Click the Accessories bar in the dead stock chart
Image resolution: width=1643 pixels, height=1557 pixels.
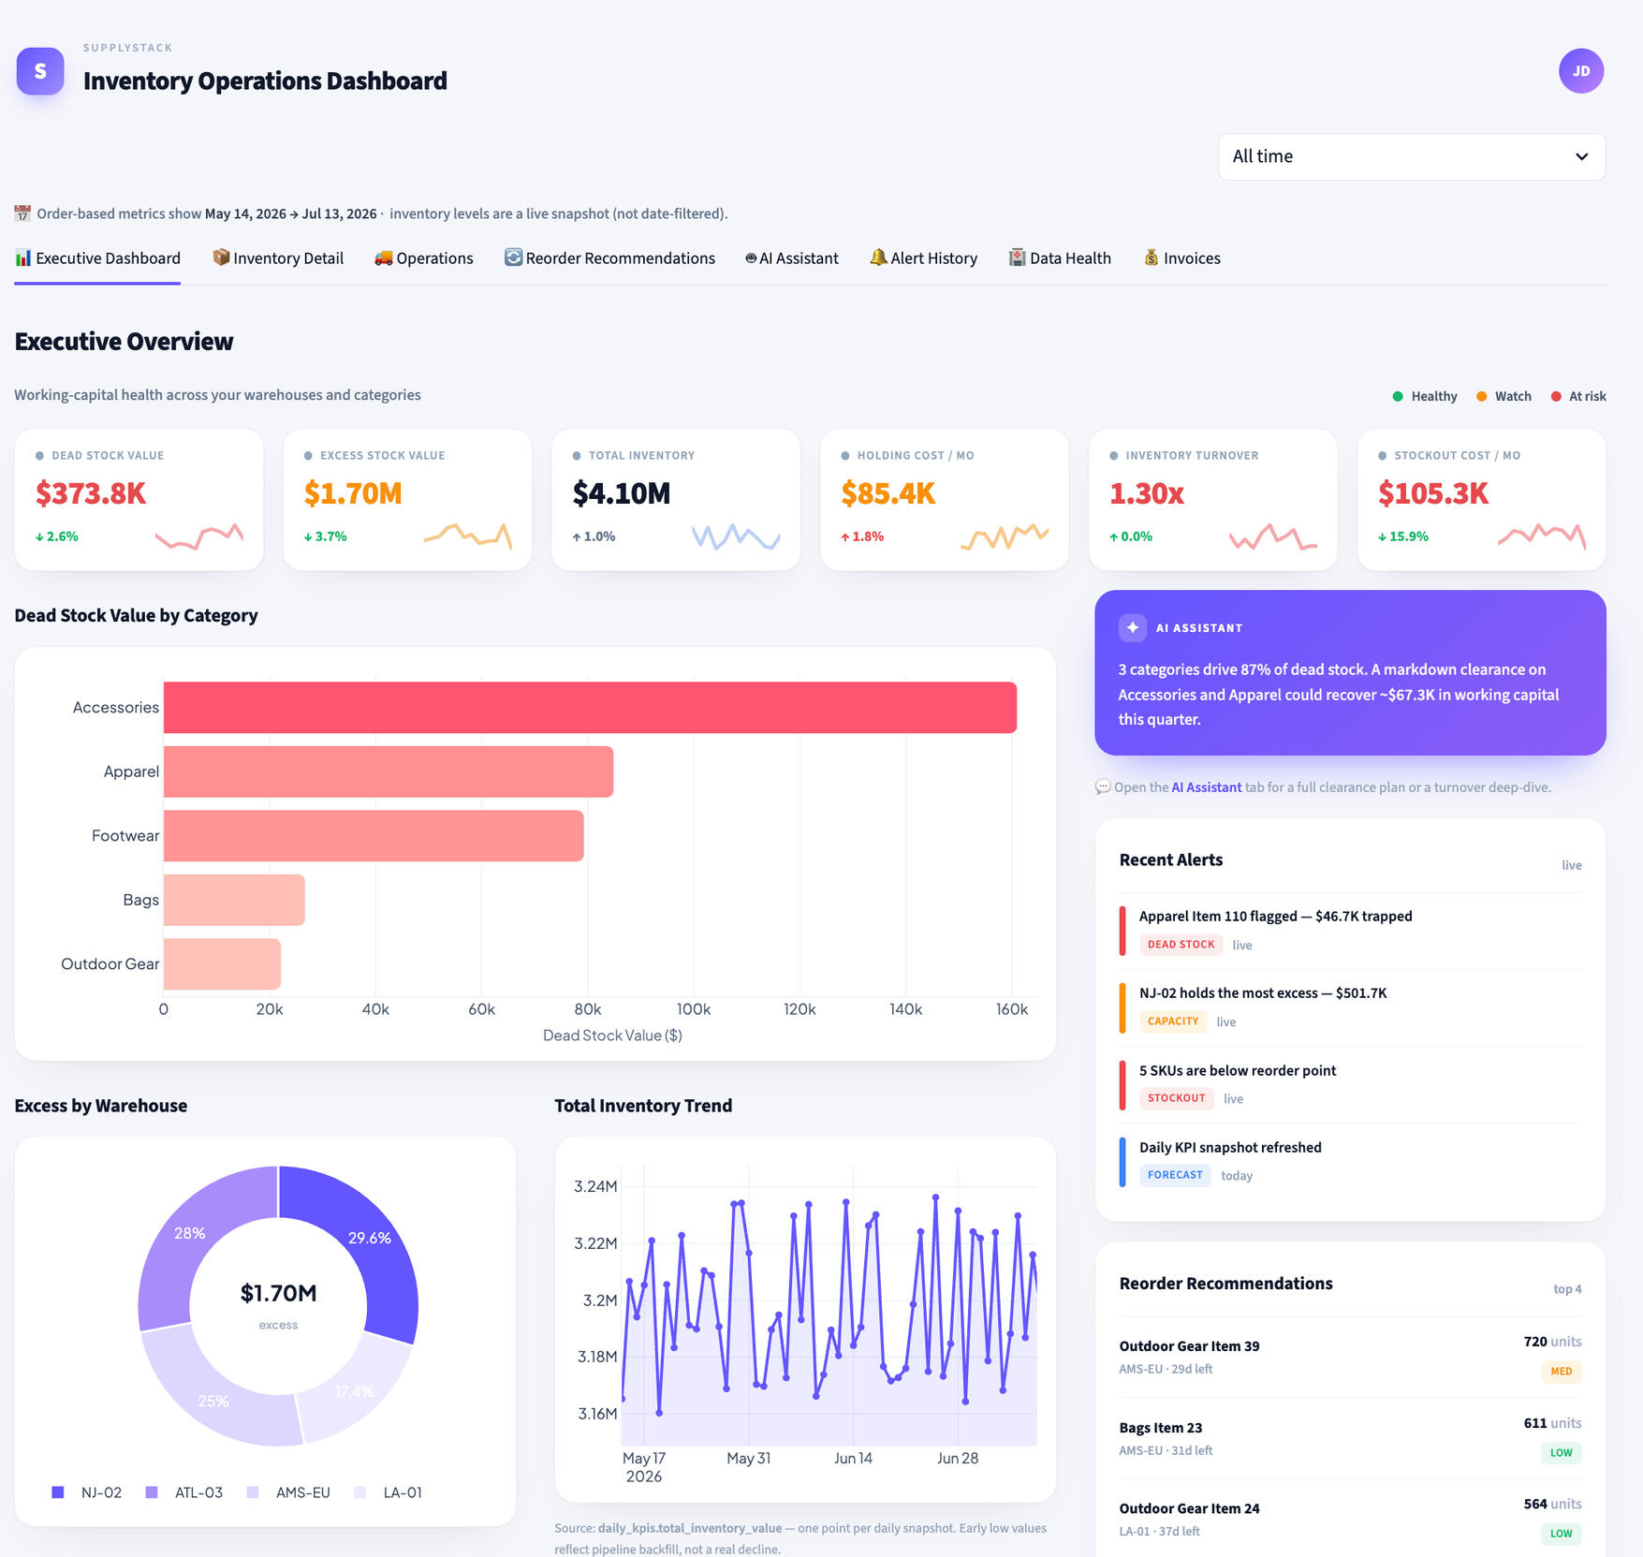pyautogui.click(x=590, y=707)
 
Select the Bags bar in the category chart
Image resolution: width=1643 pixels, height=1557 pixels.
pyautogui.click(x=234, y=900)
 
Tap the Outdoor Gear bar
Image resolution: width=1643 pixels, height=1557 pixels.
pyautogui.click(x=222, y=963)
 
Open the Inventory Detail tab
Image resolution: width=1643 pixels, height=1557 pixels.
pyautogui.click(x=278, y=257)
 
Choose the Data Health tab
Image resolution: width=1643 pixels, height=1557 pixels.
pyautogui.click(x=1060, y=257)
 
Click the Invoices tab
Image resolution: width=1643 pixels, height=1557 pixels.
pyautogui.click(x=1181, y=257)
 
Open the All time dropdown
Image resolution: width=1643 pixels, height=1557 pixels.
pyautogui.click(x=1412, y=156)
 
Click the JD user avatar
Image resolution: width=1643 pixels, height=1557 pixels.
pyautogui.click(x=1581, y=71)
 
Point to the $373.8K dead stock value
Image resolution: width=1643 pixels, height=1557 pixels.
pyautogui.click(x=91, y=493)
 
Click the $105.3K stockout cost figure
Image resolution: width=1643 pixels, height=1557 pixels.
pyautogui.click(x=1433, y=493)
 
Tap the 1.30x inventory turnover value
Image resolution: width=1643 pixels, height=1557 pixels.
pyautogui.click(x=1147, y=493)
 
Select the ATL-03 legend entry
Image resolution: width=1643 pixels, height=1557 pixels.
pyautogui.click(x=184, y=1492)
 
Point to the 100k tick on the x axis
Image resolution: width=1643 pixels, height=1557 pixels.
pyautogui.click(x=694, y=1009)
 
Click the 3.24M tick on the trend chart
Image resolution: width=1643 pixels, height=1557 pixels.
pyautogui.click(x=595, y=1186)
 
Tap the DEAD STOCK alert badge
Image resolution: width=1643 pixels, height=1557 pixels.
pyautogui.click(x=1181, y=945)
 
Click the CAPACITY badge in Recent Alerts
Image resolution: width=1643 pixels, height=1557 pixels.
pyautogui.click(x=1173, y=1021)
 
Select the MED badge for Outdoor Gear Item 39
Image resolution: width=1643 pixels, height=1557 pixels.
pyautogui.click(x=1562, y=1372)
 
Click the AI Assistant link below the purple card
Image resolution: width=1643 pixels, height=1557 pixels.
pyautogui.click(x=1207, y=787)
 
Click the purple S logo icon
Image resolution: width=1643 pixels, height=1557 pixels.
pyautogui.click(x=40, y=71)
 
